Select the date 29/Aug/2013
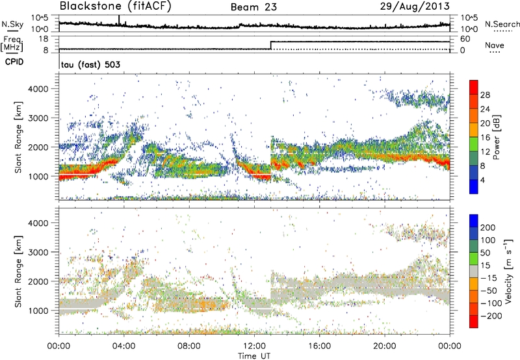[422, 7]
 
